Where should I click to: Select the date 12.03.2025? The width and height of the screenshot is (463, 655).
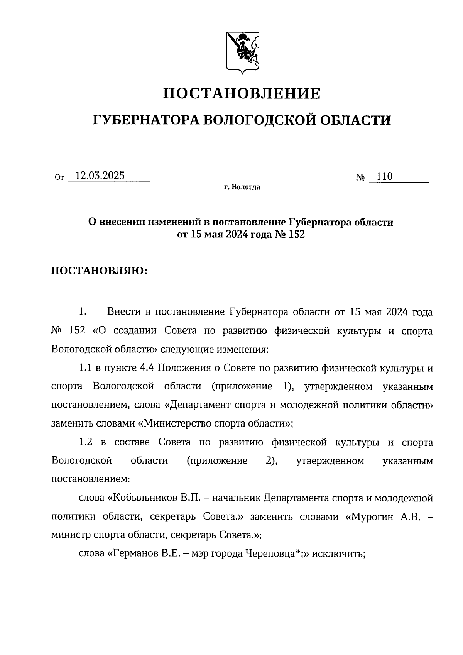click(x=100, y=176)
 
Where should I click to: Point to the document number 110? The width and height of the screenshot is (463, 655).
click(x=384, y=176)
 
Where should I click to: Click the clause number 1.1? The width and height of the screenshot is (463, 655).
click(x=84, y=368)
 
